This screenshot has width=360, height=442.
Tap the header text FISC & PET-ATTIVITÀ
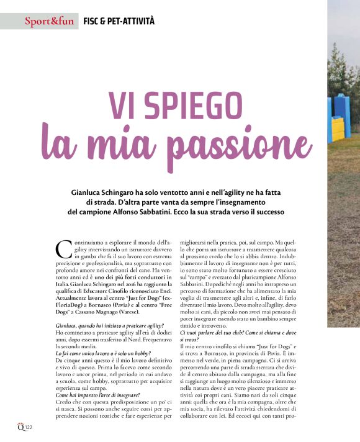pos(119,22)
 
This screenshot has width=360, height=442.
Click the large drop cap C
pos(64,250)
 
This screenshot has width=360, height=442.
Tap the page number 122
pos(28,428)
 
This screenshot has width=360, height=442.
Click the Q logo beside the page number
pos(20,427)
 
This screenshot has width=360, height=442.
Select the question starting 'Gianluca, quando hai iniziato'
pos(109,326)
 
